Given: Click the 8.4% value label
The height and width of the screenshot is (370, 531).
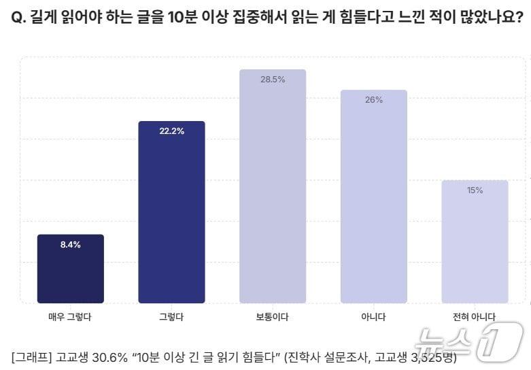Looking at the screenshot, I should pos(71,245).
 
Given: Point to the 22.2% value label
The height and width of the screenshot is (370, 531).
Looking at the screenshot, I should pos(171,131).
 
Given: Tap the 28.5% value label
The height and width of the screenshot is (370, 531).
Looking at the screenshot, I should pos(273,80).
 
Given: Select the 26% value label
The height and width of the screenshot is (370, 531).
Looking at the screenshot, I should pos(374,100).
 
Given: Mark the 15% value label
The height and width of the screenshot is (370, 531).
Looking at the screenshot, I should pos(475,190).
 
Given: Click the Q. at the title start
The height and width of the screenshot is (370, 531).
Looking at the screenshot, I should pos(18,18).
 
